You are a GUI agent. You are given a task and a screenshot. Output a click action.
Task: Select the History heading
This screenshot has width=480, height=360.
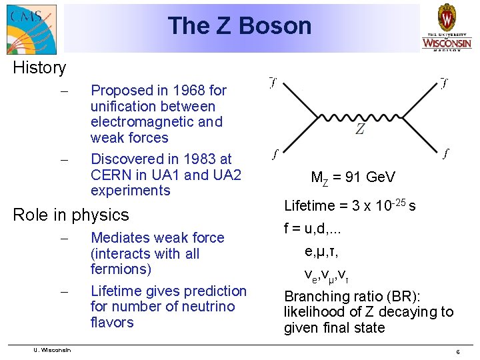(x=39, y=67)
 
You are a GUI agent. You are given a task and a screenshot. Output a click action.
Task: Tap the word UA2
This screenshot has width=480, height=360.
(x=226, y=175)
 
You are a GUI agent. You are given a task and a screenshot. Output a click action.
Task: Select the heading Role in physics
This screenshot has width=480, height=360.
(x=71, y=215)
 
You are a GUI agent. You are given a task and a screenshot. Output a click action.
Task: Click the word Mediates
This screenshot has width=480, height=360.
(x=119, y=237)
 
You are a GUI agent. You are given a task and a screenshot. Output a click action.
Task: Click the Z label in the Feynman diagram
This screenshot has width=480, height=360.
(x=360, y=129)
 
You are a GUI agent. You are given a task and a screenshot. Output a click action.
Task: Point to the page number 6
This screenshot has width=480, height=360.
(x=457, y=351)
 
